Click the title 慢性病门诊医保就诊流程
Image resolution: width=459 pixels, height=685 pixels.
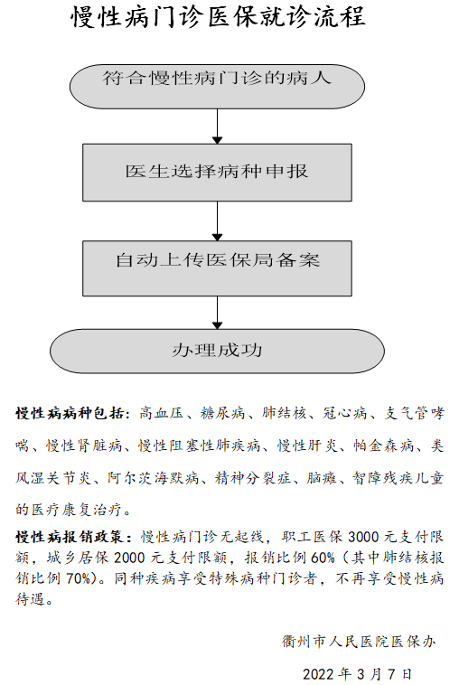coord(218,18)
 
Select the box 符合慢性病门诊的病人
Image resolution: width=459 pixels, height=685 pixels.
coord(217,87)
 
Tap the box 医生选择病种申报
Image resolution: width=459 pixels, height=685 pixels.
coord(217,173)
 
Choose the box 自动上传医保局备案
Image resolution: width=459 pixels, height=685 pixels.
coord(217,268)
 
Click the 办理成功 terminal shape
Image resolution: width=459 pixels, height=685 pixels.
coord(217,352)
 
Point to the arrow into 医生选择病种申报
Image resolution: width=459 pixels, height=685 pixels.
coord(217,127)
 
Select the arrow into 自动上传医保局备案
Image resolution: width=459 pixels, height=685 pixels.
coord(217,221)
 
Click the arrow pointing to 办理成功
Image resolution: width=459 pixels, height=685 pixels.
coord(217,313)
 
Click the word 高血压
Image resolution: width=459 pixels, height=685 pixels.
coord(162,413)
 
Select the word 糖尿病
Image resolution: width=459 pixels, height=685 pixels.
coord(223,413)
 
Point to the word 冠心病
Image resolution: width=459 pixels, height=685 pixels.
coord(345,413)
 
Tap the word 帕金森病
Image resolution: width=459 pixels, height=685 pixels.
coord(384,446)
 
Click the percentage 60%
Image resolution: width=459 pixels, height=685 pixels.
coord(323,558)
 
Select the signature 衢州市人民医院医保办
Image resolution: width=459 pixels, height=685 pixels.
coord(359,642)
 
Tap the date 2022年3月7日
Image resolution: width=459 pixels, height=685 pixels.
coord(357,674)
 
